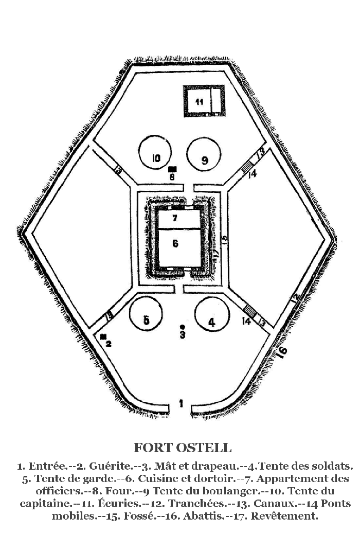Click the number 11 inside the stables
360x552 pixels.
tap(200, 102)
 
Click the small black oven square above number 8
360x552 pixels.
tap(172, 169)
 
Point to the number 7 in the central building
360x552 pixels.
tap(175, 218)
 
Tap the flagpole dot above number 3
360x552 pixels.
tap(182, 326)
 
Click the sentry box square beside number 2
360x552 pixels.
tap(103, 337)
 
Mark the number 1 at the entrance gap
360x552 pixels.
tap(181, 403)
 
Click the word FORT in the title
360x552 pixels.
tap(153, 448)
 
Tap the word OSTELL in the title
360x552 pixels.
tap(204, 448)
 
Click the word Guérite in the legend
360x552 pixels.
tap(110, 466)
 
